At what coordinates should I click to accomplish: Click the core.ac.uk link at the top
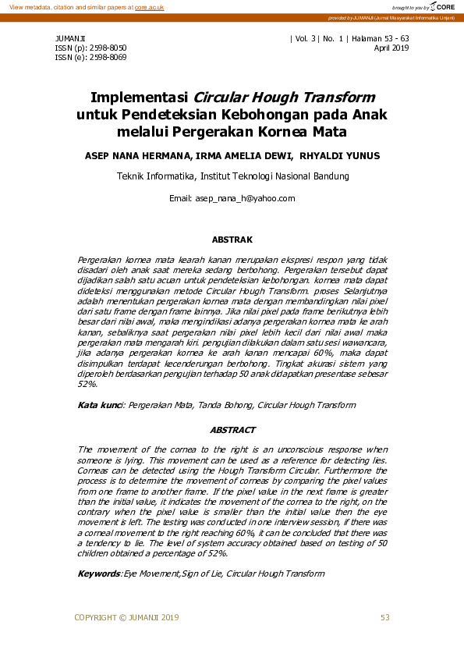pyautogui.click(x=150, y=7)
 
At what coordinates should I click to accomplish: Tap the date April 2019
pyautogui.click(x=391, y=48)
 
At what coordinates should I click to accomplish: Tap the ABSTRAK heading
pyautogui.click(x=232, y=240)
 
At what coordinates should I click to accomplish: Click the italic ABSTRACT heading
pyautogui.click(x=232, y=430)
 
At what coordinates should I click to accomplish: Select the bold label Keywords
pyautogui.click(x=99, y=574)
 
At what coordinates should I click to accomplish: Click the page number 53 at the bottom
pyautogui.click(x=384, y=618)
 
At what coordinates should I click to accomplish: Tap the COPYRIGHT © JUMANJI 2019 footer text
pyautogui.click(x=126, y=618)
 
